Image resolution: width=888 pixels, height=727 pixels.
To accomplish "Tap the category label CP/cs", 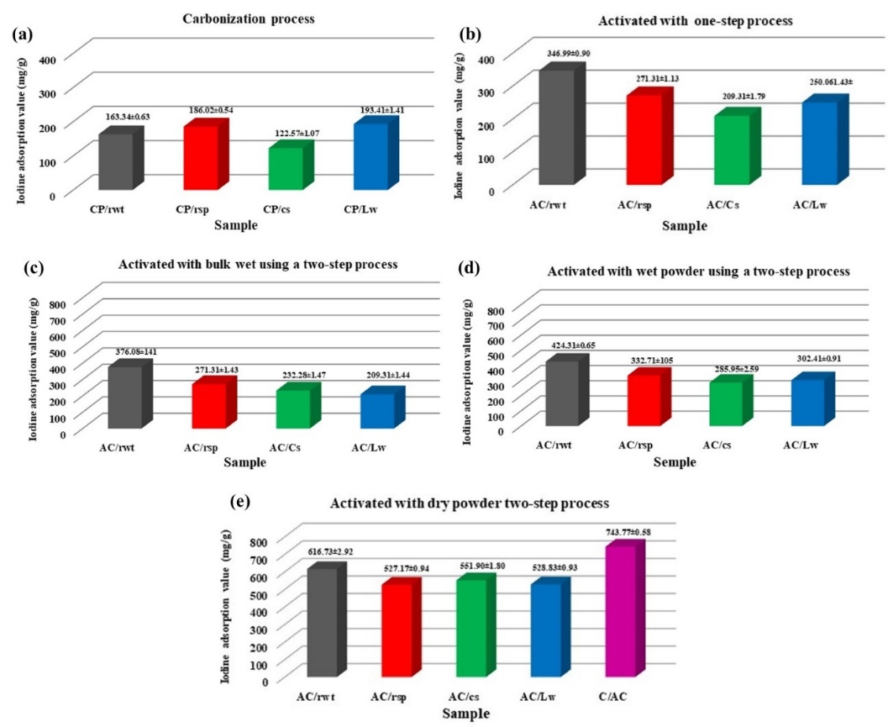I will (x=287, y=207).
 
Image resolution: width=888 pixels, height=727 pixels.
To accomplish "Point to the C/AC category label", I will (x=623, y=697).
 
